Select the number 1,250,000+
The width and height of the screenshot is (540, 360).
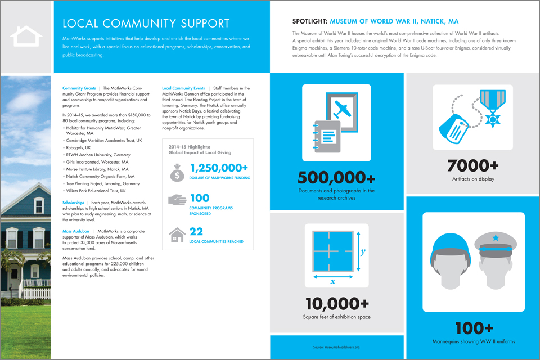[219, 168]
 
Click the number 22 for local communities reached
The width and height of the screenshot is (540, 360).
[196, 231]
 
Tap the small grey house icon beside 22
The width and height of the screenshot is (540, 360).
[178, 234]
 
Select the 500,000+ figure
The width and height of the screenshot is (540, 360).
[336, 178]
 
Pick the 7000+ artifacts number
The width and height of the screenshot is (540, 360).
[472, 165]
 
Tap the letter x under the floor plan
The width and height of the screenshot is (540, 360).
[333, 281]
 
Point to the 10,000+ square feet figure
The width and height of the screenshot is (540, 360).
[336, 304]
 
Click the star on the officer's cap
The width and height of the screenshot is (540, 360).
[495, 238]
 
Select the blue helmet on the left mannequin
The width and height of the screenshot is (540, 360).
[447, 246]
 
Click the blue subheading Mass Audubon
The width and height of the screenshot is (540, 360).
[78, 231]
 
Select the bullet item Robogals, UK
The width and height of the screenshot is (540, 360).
[78, 147]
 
